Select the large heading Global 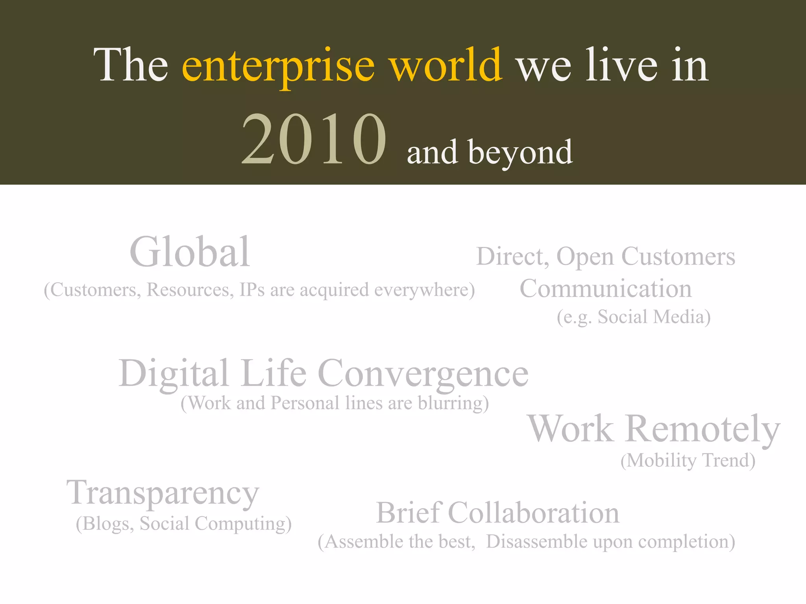(190, 252)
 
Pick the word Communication (605, 289)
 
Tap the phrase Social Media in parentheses (653, 317)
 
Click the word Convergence (423, 374)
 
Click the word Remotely (702, 429)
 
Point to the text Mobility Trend (688, 460)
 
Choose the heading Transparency (163, 494)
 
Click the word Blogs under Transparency (105, 524)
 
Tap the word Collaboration (534, 513)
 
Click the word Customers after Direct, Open (678, 257)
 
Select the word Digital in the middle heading (174, 374)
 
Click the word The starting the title (131, 65)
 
